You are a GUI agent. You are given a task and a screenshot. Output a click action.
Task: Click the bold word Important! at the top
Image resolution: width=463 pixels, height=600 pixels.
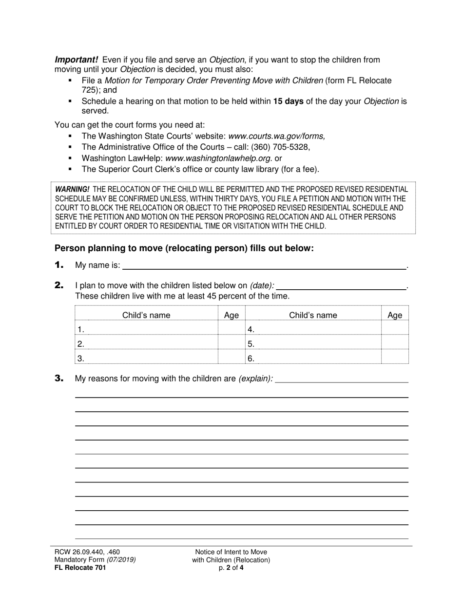click(x=76, y=60)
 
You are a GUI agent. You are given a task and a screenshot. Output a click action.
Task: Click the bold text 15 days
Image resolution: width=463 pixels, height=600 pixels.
click(x=288, y=101)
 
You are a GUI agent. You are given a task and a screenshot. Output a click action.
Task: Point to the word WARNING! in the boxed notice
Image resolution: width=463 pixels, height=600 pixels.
click(x=72, y=189)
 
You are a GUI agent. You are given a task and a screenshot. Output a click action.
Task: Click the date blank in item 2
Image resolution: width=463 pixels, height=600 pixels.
click(x=341, y=285)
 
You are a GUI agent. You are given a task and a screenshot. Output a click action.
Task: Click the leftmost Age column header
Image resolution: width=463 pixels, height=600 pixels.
click(x=231, y=315)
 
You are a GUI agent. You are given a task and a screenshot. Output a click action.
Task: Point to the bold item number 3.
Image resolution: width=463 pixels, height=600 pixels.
click(x=59, y=378)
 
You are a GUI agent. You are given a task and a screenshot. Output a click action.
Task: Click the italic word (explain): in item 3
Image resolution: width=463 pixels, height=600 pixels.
click(x=255, y=379)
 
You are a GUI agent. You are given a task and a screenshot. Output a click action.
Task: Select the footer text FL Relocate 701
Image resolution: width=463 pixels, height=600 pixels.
click(x=80, y=567)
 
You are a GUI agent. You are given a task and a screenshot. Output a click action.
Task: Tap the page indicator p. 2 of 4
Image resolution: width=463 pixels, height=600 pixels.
click(x=231, y=567)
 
